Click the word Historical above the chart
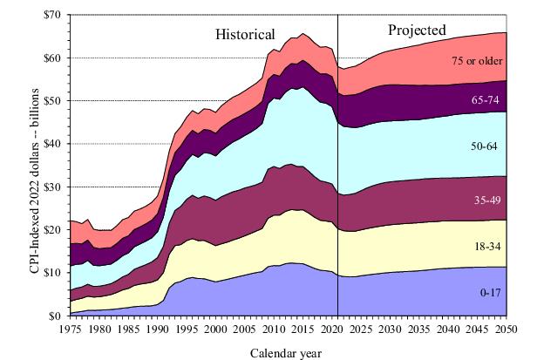tap(245, 35)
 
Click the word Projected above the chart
tap(417, 31)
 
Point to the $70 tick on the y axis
tap(58, 15)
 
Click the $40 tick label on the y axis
tap(58, 143)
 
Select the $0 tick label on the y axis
tap(60, 314)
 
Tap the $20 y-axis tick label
tap(58, 228)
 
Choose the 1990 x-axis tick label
tap(157, 329)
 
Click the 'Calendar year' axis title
tap(288, 351)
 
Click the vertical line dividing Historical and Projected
tap(337, 174)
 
